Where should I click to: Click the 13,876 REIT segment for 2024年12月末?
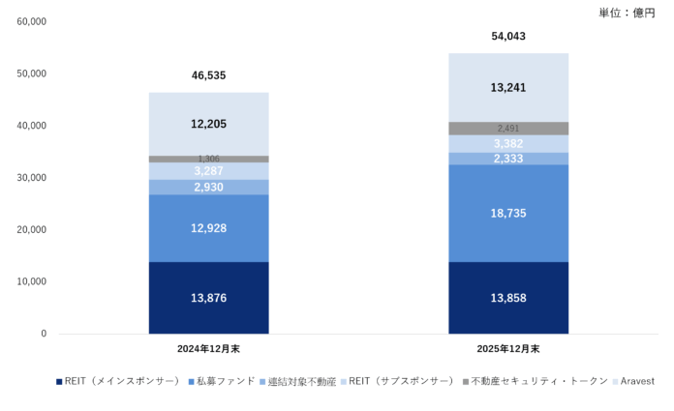208,298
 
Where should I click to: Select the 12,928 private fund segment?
208,228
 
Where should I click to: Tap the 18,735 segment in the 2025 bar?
508,213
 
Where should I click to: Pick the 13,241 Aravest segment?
508,87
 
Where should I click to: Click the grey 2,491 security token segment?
508,128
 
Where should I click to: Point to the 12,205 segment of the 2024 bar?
208,124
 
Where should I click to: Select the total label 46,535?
208,74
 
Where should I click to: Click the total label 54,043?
508,36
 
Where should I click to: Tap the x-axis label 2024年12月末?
208,348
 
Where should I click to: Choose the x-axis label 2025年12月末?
508,348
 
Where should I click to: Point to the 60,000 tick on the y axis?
32,21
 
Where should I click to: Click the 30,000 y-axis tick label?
32,178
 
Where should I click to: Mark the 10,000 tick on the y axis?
32,281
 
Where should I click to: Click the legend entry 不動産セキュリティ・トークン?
538,382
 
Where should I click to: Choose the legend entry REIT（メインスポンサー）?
121,382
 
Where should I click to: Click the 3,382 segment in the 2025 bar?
508,144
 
